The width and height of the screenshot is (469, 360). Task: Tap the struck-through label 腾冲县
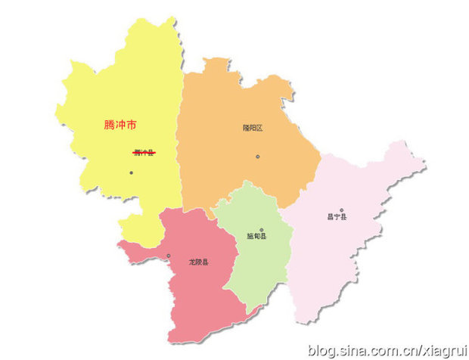pos(143,153)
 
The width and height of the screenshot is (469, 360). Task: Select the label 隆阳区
pos(253,128)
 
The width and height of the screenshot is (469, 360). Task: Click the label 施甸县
pos(257,237)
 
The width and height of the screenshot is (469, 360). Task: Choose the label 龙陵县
pos(199,262)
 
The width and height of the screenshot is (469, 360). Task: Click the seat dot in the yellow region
pos(132,173)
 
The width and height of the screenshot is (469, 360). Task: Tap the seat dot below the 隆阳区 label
pos(258,157)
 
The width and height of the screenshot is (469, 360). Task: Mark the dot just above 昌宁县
pos(341,209)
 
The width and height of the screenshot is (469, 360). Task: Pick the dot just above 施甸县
pos(262,229)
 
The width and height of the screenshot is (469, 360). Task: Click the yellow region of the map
pos(113,83)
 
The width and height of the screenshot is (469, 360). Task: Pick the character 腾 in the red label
pos(109,125)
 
